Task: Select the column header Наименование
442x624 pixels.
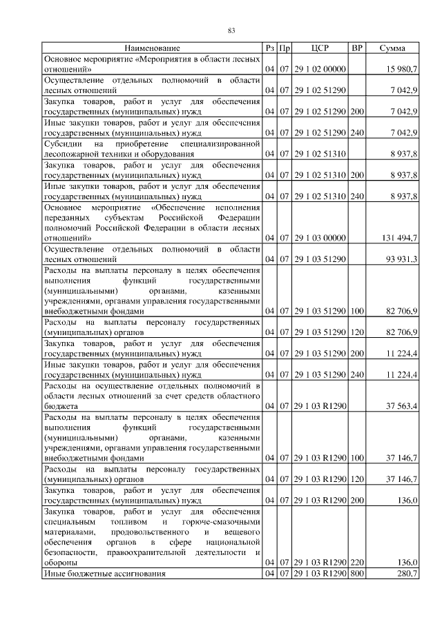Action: tap(153, 48)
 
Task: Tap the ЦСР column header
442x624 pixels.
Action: tap(320, 48)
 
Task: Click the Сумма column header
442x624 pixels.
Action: tap(392, 48)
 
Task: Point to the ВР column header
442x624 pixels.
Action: tap(357, 48)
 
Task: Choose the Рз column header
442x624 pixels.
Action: tap(269, 48)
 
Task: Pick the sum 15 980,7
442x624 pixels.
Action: tap(401, 70)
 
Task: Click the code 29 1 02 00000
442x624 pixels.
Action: tap(320, 70)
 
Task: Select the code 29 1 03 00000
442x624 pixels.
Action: tap(320, 238)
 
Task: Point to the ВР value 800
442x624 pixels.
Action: tap(357, 574)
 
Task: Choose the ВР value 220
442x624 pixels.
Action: tap(357, 563)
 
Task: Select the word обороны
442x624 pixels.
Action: tap(60, 563)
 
